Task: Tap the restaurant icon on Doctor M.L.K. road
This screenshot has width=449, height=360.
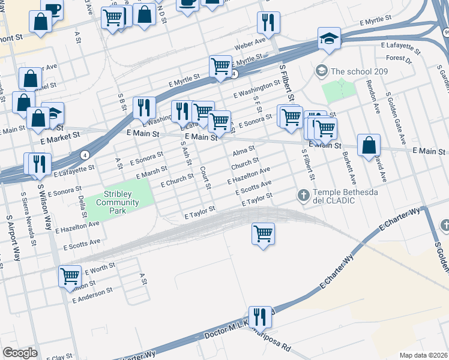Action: [259, 316]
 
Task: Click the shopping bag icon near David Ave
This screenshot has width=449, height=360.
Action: [369, 145]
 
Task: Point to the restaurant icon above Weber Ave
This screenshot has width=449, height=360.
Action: [268, 23]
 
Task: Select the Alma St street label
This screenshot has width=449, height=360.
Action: [244, 149]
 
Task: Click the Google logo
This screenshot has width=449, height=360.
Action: [20, 353]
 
